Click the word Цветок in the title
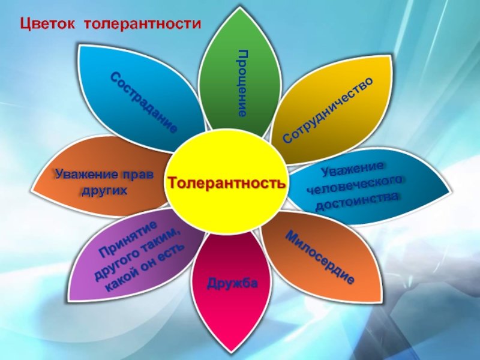47,23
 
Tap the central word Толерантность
227,183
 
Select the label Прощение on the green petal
242,83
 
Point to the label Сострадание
144,102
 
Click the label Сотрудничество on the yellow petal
328,110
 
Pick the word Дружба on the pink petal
232,283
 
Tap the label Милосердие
320,257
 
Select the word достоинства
357,202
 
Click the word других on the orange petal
104,191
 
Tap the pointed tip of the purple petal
69,299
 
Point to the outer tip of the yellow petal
391,56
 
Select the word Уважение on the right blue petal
352,169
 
